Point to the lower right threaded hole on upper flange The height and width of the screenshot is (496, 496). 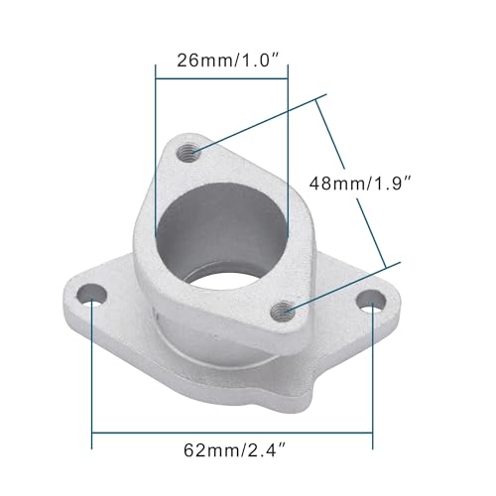[x=286, y=310]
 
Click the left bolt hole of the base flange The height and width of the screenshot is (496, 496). [x=93, y=294]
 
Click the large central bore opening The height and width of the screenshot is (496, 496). [x=220, y=233]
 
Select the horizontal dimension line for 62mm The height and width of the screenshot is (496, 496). [x=232, y=434]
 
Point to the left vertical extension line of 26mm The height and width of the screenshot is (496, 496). [x=156, y=149]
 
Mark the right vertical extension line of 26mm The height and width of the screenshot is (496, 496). [x=287, y=149]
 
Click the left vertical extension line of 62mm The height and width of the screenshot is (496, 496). [x=92, y=367]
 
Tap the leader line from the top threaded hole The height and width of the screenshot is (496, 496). [x=258, y=125]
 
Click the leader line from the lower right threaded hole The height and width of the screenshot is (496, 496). [x=342, y=286]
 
